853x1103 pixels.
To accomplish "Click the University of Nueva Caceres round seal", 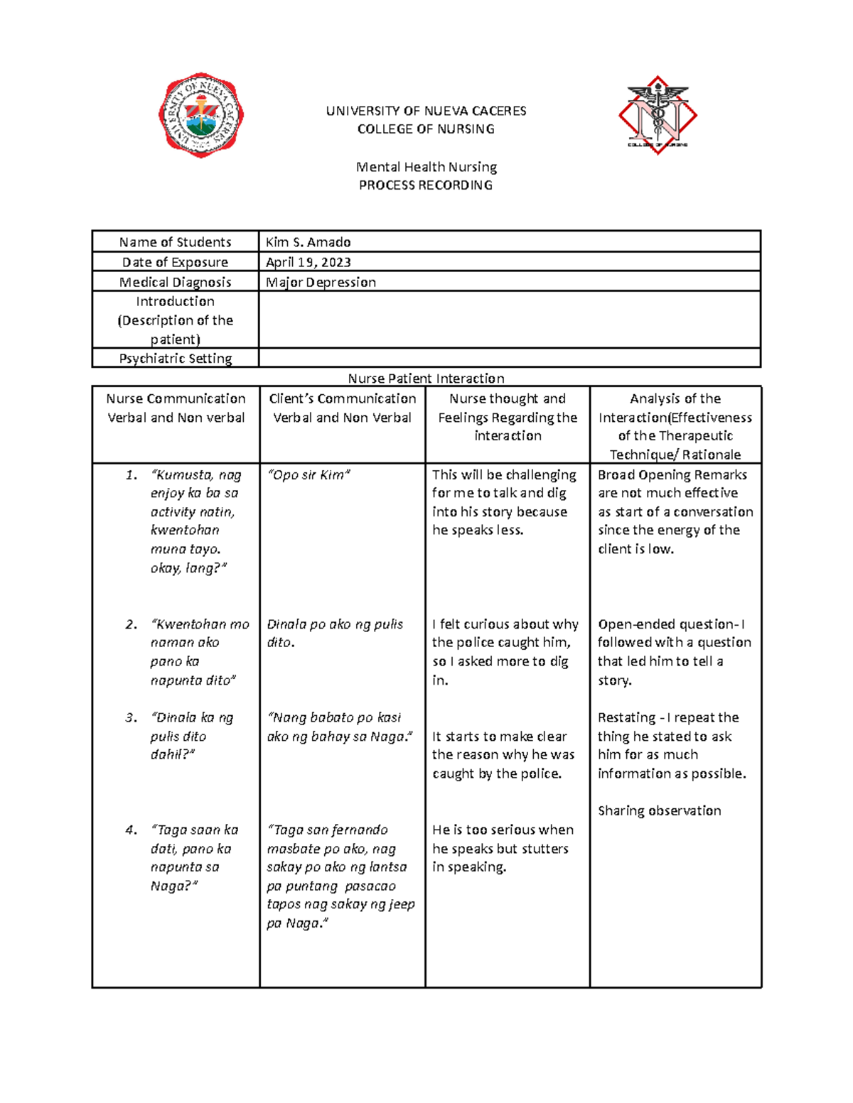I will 201,115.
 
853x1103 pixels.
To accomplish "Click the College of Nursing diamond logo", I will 658,115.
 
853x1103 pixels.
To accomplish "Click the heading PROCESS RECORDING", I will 425,185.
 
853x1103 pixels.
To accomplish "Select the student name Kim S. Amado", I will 308,242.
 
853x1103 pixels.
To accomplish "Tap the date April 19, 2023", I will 308,262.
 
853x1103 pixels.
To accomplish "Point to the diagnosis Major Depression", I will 321,282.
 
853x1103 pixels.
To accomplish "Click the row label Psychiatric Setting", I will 176,358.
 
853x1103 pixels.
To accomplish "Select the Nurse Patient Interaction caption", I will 426,379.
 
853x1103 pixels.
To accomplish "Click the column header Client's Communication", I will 342,399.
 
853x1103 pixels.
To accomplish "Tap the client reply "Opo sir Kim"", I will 309,475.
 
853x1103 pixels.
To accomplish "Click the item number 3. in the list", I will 132,718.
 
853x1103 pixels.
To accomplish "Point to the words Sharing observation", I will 659,811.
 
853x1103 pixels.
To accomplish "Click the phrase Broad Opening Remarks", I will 672,475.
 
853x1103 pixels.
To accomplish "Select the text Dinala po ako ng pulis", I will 335,624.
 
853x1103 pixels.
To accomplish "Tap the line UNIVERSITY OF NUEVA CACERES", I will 426,111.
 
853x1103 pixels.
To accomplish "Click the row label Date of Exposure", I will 176,262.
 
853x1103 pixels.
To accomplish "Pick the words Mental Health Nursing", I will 426,167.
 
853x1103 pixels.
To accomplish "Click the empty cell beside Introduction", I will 509,320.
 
